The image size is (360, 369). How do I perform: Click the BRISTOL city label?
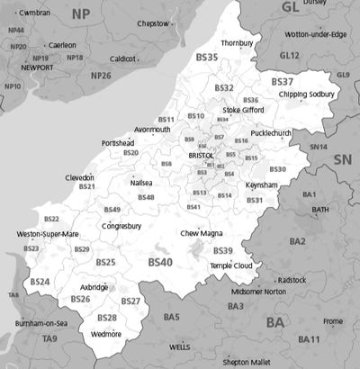(x=201, y=156)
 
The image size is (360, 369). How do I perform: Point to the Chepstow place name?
(x=152, y=23)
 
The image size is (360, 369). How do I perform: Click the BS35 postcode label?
(x=206, y=58)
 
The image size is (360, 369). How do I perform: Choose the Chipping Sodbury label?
(x=306, y=94)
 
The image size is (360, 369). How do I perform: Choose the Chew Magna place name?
(x=201, y=233)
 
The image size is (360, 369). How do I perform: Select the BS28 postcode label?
(x=107, y=318)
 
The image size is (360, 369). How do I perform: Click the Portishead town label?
(x=118, y=143)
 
